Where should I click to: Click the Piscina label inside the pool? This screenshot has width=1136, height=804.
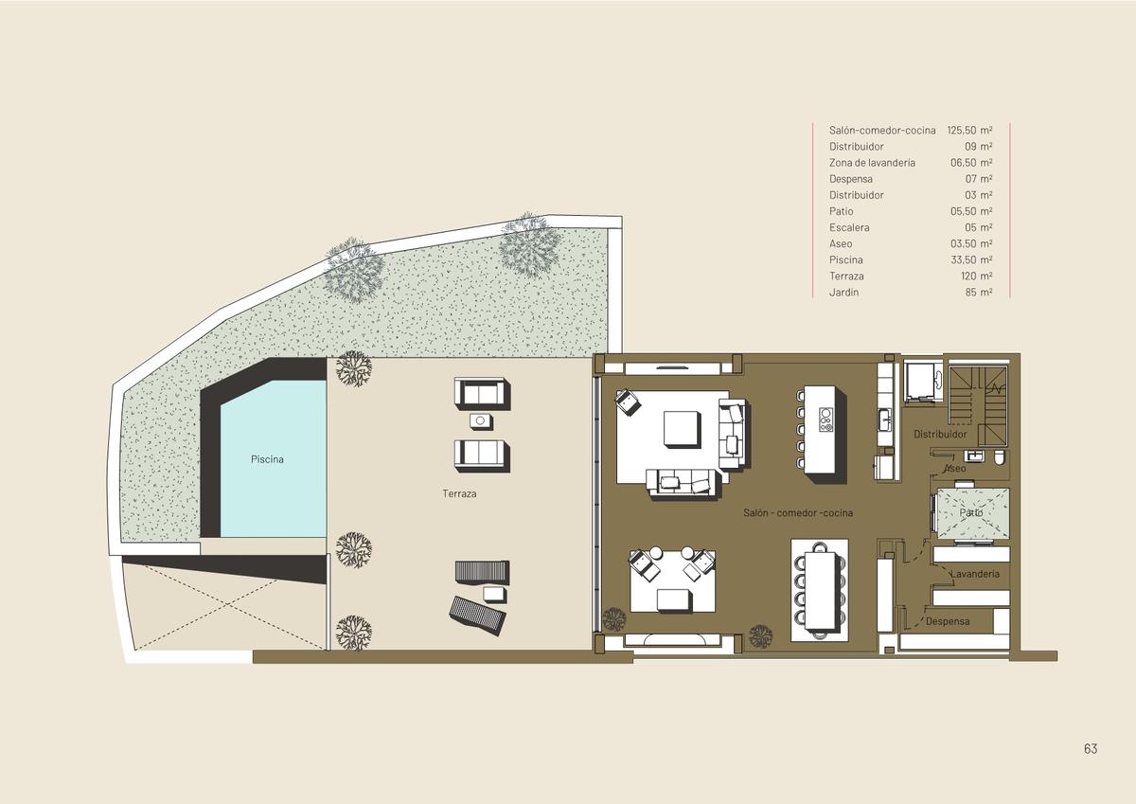267,459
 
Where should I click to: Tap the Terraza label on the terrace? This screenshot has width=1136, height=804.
459,493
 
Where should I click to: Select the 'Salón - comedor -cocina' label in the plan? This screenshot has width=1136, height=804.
798,513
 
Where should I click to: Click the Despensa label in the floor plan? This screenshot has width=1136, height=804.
948,621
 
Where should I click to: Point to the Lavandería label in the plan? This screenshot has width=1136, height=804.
975,574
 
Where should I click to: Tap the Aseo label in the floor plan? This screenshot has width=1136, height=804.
955,468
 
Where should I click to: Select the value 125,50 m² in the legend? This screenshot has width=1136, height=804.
969,130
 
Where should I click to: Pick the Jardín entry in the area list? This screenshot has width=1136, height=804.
843,293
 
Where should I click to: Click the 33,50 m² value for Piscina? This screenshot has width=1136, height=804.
971,259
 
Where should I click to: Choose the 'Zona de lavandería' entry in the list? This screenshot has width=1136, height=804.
872,162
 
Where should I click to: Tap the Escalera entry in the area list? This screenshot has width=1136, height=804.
849,227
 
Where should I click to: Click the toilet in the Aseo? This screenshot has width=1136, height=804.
999,457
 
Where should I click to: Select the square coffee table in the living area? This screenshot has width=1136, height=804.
683,429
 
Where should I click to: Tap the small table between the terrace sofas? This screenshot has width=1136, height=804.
480,421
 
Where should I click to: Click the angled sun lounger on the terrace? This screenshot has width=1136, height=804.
477,615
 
